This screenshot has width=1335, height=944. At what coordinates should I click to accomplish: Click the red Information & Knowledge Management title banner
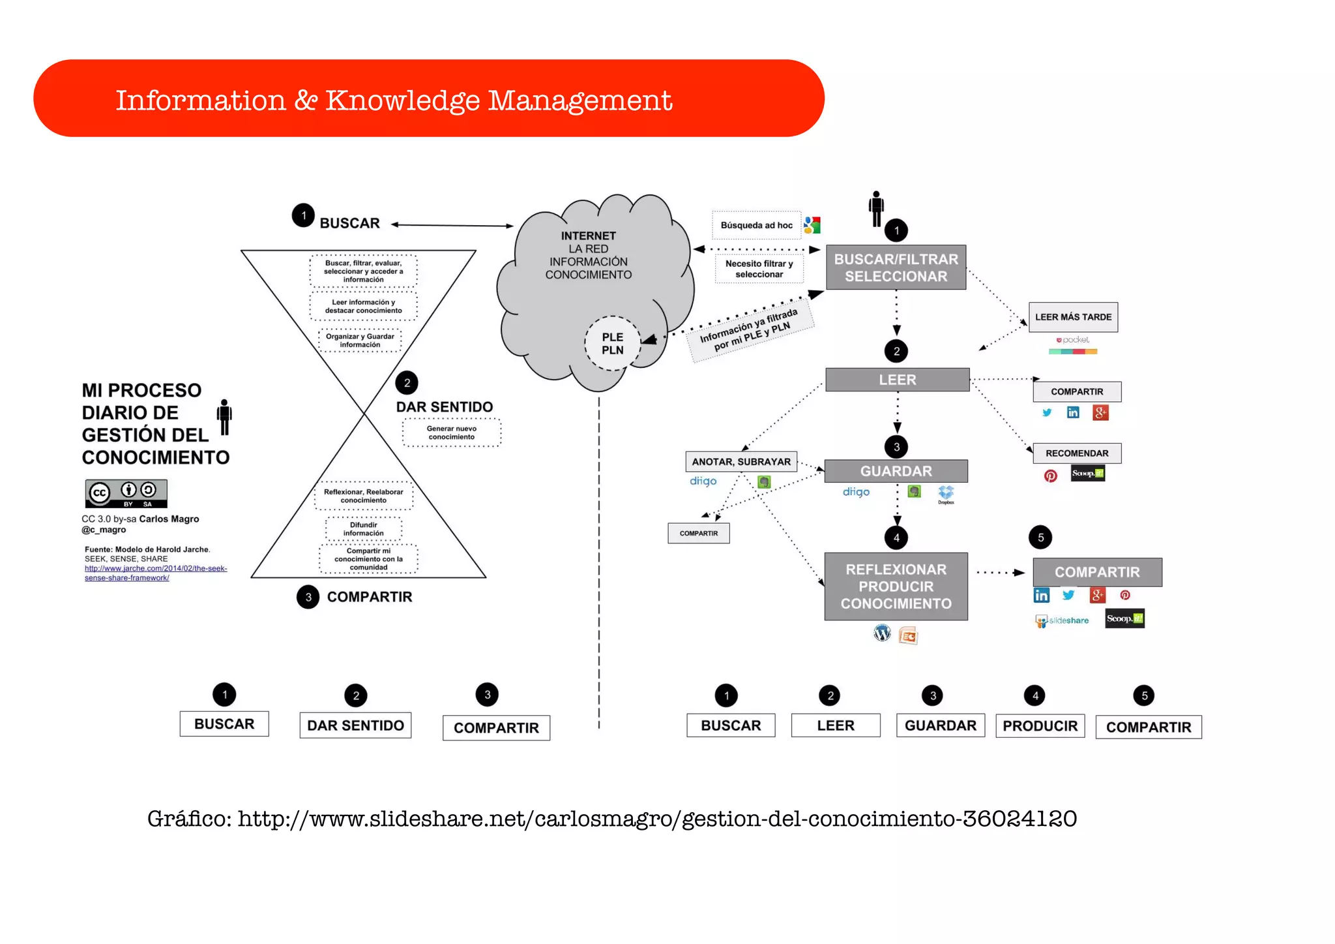pyautogui.click(x=428, y=99)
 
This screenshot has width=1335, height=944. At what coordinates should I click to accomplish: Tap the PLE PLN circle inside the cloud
pyautogui.click(x=612, y=343)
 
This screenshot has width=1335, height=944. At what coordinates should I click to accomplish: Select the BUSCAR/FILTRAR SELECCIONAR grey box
pyautogui.click(x=896, y=267)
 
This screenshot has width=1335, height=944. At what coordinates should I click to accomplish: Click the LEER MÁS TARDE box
pyautogui.click(x=1073, y=317)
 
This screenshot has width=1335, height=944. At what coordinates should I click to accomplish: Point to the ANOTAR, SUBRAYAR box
pyautogui.click(x=741, y=462)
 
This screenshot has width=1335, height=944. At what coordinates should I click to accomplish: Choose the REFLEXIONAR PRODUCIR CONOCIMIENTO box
pyautogui.click(x=896, y=586)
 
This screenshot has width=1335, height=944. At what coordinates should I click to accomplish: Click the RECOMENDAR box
pyautogui.click(x=1076, y=453)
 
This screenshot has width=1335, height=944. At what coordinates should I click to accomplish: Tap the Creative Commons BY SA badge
pyautogui.click(x=126, y=493)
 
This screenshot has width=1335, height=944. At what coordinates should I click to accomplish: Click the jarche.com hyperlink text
pyautogui.click(x=155, y=573)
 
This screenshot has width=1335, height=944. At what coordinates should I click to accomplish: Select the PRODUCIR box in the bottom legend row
pyautogui.click(x=1040, y=726)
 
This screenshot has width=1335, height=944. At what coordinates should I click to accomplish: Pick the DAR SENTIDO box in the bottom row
pyautogui.click(x=355, y=725)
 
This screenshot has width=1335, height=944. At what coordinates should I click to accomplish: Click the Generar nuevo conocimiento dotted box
pyautogui.click(x=452, y=433)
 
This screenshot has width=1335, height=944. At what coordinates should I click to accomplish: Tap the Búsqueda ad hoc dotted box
pyautogui.click(x=756, y=225)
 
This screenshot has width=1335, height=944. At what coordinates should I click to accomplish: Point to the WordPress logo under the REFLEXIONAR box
pyautogui.click(x=882, y=633)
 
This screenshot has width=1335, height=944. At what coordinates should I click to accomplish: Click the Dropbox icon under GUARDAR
pyautogui.click(x=946, y=493)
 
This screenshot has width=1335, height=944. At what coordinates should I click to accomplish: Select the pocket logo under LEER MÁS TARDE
pyautogui.click(x=1073, y=340)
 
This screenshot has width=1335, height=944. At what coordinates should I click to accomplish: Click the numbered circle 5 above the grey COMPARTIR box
pyautogui.click(x=1040, y=538)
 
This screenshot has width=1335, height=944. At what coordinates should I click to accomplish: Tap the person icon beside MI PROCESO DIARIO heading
pyautogui.click(x=224, y=417)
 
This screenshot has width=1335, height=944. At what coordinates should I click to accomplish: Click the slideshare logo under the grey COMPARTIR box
pyautogui.click(x=1062, y=620)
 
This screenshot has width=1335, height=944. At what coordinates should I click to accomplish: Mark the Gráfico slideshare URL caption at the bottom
pyautogui.click(x=611, y=819)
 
